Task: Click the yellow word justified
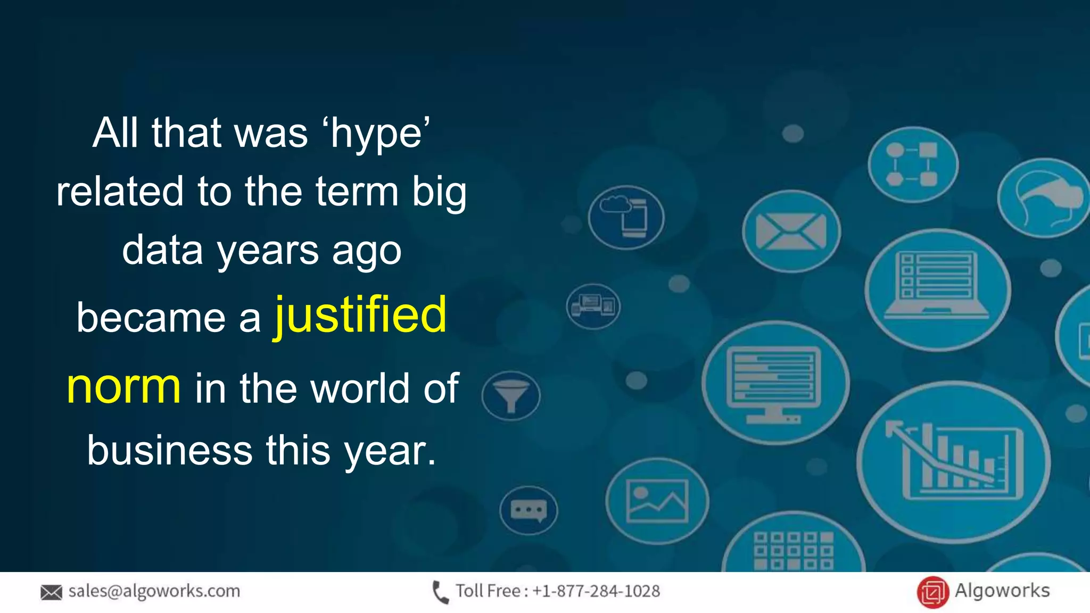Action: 360,316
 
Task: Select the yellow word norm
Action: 123,387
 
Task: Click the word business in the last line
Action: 169,450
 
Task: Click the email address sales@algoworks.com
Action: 154,591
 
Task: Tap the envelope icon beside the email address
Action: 51,592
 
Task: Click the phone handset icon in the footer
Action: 440,592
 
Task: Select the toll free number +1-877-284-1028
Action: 596,591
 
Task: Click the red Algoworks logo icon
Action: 932,592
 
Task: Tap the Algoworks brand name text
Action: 1002,591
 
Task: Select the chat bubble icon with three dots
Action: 529,511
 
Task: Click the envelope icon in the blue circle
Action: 791,231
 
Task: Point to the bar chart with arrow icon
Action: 953,460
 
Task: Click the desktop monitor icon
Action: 774,382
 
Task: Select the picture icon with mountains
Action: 657,501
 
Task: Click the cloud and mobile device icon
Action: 626,217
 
